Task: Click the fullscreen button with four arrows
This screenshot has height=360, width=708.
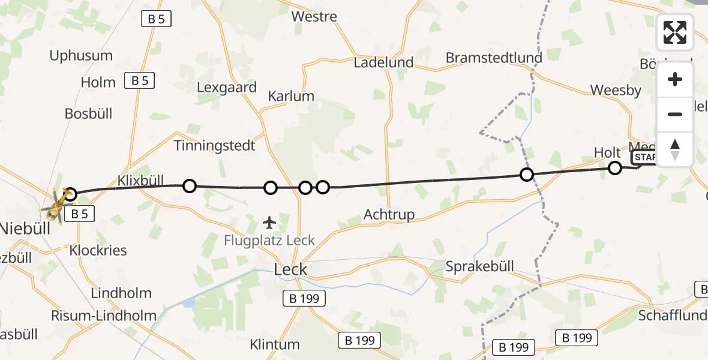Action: point(675,32)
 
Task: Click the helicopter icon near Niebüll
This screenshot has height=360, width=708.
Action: point(56,204)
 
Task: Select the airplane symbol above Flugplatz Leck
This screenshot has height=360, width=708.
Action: point(270,223)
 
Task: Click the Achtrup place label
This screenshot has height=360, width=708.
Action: point(389,215)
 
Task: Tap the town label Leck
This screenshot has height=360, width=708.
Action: point(290,269)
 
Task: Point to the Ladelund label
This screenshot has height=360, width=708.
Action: point(384,62)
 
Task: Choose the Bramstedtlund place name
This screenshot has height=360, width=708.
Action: point(494,58)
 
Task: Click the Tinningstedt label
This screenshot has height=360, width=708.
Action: point(214,145)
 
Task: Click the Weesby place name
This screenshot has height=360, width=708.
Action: point(616,91)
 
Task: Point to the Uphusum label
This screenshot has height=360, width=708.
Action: point(81,56)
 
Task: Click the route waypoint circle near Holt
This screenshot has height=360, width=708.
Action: point(614,168)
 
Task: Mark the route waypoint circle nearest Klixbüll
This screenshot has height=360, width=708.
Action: point(189,186)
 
